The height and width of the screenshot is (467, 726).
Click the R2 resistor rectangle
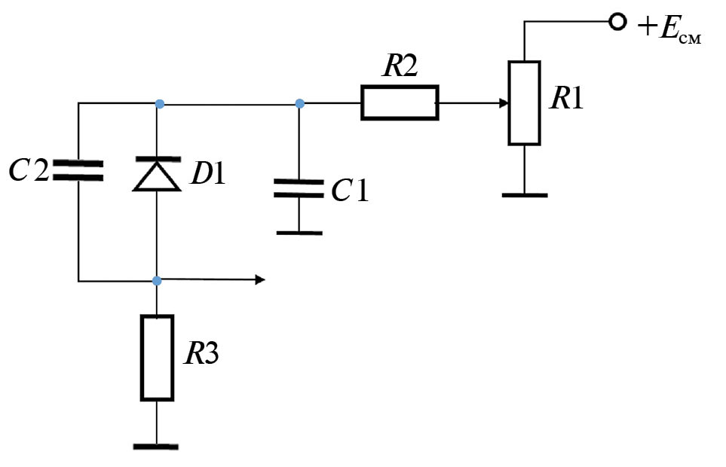coord(399,103)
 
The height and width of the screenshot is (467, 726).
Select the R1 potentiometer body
coord(524,103)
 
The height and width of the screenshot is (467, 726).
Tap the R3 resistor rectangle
coord(157,358)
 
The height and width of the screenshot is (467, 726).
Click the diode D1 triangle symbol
coord(157,175)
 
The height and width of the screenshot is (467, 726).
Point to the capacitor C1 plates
coord(299,188)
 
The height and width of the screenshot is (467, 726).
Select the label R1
coord(567,99)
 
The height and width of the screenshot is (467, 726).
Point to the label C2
coord(29,171)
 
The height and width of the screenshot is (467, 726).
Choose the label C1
coord(350,191)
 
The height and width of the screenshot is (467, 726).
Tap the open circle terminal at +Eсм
coord(617,23)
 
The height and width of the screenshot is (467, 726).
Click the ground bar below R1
coord(524,195)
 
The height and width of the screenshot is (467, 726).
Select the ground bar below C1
coord(299,233)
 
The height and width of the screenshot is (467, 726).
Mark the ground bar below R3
coord(156,446)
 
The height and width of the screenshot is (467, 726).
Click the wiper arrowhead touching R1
coord(504,103)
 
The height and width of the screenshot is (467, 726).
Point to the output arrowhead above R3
coord(260,280)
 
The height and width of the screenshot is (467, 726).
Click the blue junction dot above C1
coord(299,103)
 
